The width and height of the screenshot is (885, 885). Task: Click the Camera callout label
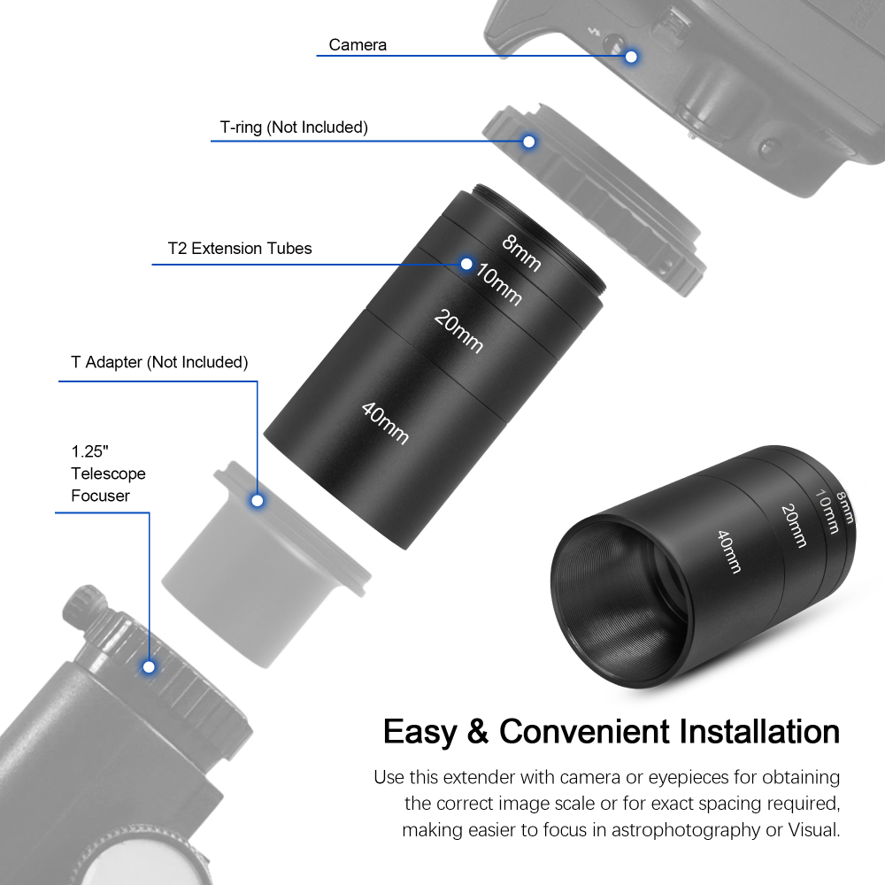pyautogui.click(x=358, y=45)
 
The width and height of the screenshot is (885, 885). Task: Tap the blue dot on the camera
pyautogui.click(x=631, y=57)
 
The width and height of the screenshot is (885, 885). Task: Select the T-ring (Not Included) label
pyautogui.click(x=294, y=127)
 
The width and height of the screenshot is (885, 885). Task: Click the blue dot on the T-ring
pyautogui.click(x=529, y=141)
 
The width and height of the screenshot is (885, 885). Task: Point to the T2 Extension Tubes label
pyautogui.click(x=240, y=249)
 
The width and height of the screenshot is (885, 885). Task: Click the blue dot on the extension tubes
pyautogui.click(x=466, y=264)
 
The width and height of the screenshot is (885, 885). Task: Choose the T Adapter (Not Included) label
pyautogui.click(x=159, y=362)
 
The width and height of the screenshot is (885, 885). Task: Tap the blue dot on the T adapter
pyautogui.click(x=258, y=501)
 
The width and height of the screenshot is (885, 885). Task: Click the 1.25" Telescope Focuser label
pyautogui.click(x=108, y=473)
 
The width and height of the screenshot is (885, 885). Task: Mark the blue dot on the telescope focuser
pyautogui.click(x=150, y=666)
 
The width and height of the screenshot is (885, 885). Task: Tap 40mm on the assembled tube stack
pyautogui.click(x=386, y=422)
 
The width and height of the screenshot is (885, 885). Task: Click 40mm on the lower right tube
pyautogui.click(x=728, y=550)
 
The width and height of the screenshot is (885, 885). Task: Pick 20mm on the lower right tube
pyautogui.click(x=793, y=524)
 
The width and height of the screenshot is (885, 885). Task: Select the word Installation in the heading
pyautogui.click(x=758, y=733)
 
